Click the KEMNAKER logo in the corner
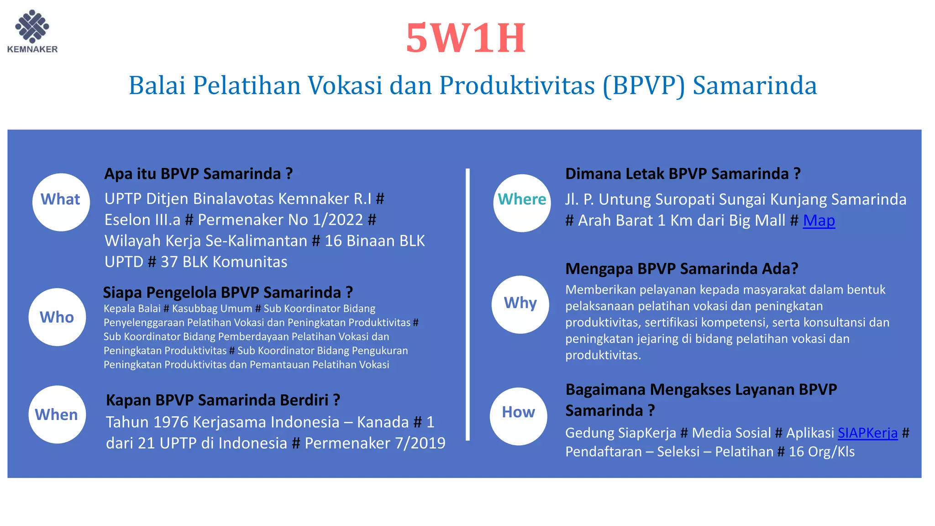pos(32,31)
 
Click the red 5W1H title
pos(466,38)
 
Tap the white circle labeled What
pos(61,202)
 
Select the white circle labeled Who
pos(57,317)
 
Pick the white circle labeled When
pos(57,414)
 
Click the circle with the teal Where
pos(522,203)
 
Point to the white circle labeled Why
pos(520,304)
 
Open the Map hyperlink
pos(819,221)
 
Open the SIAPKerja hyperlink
pos(867,432)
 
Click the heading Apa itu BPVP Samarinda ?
pos(198,174)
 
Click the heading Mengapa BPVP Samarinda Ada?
pos(681,268)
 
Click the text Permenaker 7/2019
pos(375,443)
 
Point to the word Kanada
pos(383,422)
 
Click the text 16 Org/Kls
pos(821,452)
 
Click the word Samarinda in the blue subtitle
pos(754,85)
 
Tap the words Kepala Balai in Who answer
pos(132,309)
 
